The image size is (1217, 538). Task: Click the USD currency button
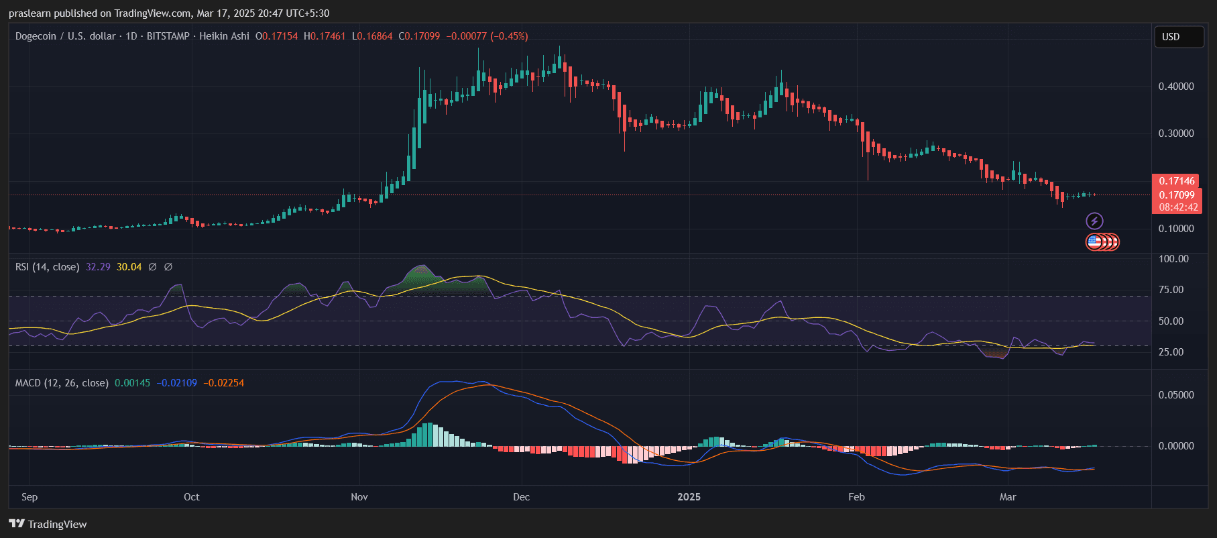pyautogui.click(x=1178, y=37)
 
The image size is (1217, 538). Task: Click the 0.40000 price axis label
pyautogui.click(x=1176, y=87)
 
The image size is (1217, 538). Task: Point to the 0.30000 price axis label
pyautogui.click(x=1176, y=133)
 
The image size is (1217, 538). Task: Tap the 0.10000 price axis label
pyautogui.click(x=1176, y=229)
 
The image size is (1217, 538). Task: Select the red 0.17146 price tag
pyautogui.click(x=1177, y=181)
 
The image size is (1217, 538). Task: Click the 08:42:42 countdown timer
pyautogui.click(x=1178, y=207)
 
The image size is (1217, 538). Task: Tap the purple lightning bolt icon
pyautogui.click(x=1094, y=221)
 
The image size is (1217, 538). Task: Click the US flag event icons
pyautogui.click(x=1102, y=242)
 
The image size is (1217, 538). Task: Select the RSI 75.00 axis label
pyautogui.click(x=1171, y=290)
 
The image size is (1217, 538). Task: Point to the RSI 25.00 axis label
pyautogui.click(x=1171, y=352)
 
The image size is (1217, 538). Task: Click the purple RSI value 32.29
pyautogui.click(x=98, y=267)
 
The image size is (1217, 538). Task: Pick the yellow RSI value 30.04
pyautogui.click(x=129, y=267)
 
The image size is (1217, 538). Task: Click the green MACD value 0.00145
pyautogui.click(x=132, y=383)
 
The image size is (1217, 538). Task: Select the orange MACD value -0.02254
pyautogui.click(x=223, y=383)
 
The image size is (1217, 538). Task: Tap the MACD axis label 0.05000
pyautogui.click(x=1176, y=395)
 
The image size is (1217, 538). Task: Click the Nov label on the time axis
pyautogui.click(x=359, y=497)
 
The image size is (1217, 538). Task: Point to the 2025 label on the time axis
pyautogui.click(x=689, y=497)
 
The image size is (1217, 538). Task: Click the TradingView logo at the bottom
pyautogui.click(x=48, y=524)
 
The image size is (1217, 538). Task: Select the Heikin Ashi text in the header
pyautogui.click(x=224, y=36)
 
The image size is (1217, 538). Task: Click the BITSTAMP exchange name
pyautogui.click(x=168, y=36)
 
